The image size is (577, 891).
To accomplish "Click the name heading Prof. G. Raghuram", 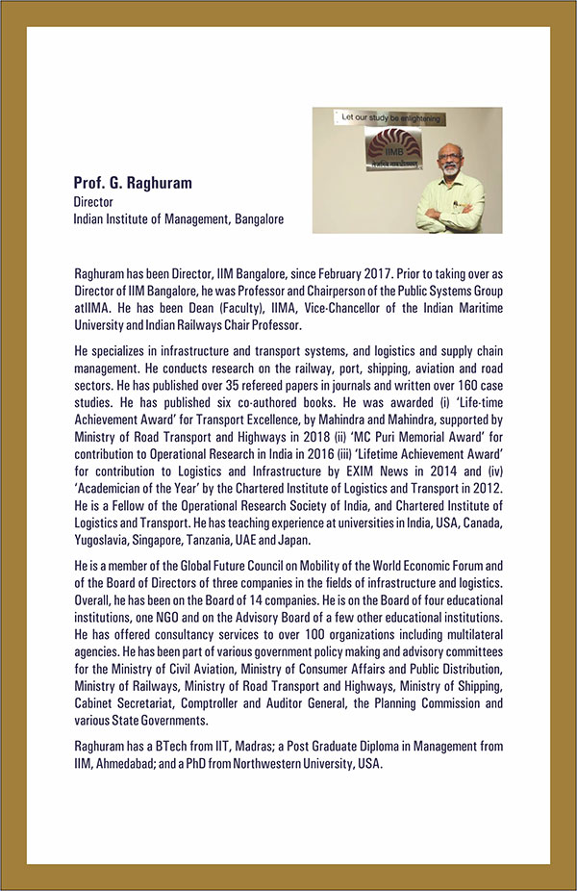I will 132,184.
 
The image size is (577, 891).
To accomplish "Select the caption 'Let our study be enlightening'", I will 384,116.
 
